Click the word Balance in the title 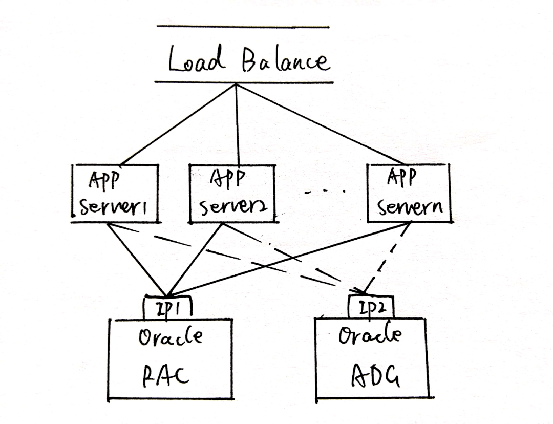click(283, 61)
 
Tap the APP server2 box click(232, 194)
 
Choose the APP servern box click(409, 193)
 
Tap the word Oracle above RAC click(170, 337)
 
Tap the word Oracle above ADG click(370, 335)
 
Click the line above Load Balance click(243, 27)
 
